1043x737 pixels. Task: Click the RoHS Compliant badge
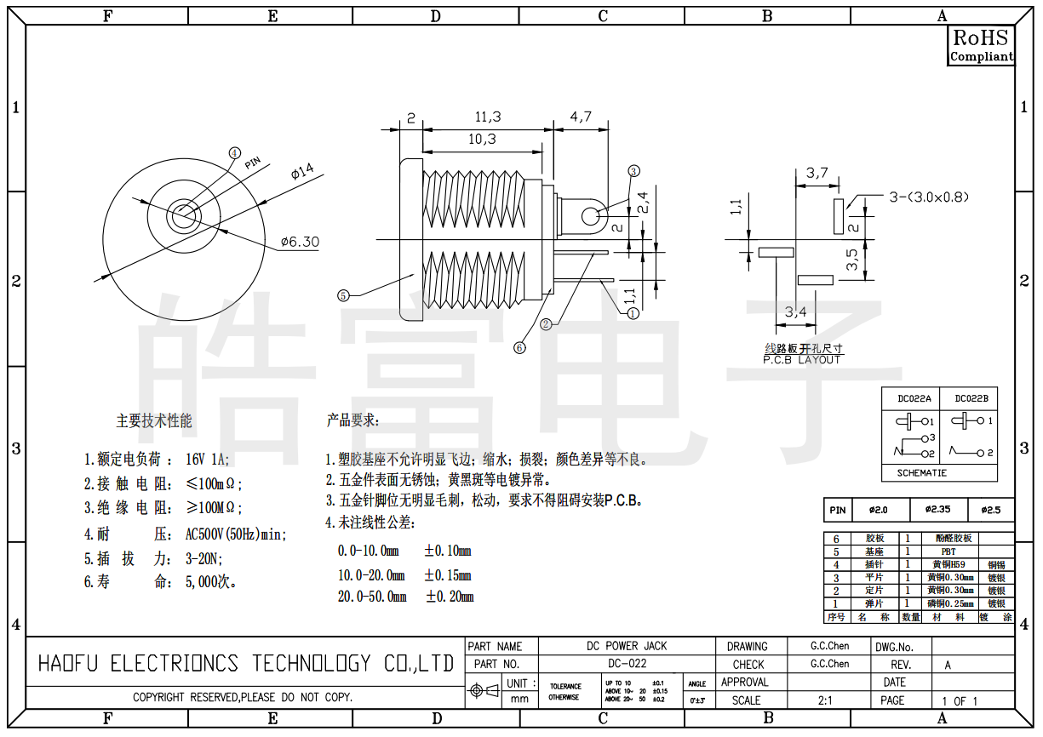pyautogui.click(x=981, y=45)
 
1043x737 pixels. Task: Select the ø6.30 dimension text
pyautogui.click(x=300, y=243)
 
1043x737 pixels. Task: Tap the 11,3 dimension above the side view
pyautogui.click(x=487, y=117)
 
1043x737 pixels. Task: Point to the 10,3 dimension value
pyautogui.click(x=481, y=139)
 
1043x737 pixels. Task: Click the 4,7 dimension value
pyautogui.click(x=581, y=117)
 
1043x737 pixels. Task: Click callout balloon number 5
pyautogui.click(x=343, y=296)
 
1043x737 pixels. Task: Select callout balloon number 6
pyautogui.click(x=519, y=347)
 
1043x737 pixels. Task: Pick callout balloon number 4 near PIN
pyautogui.click(x=235, y=152)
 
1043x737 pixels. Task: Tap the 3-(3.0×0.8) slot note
pyautogui.click(x=929, y=197)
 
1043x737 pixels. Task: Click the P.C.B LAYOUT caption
pyautogui.click(x=802, y=359)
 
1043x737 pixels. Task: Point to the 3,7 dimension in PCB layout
pyautogui.click(x=817, y=173)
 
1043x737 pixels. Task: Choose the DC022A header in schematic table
pyautogui.click(x=914, y=398)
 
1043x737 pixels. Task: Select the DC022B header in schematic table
pyautogui.click(x=971, y=398)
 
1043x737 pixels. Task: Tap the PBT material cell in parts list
pyautogui.click(x=949, y=551)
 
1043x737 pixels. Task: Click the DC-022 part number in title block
pyautogui.click(x=627, y=664)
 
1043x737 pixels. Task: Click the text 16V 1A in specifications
pyautogui.click(x=207, y=460)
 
